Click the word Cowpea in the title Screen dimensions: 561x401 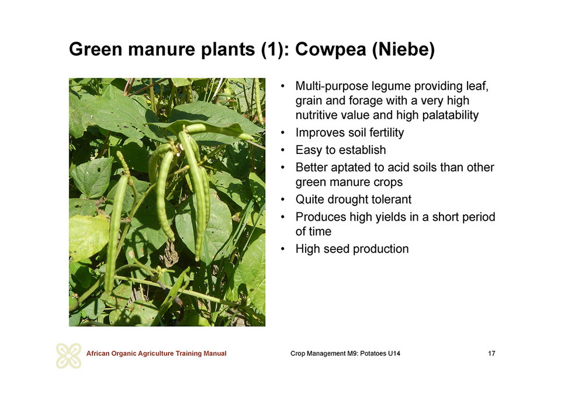click(331, 49)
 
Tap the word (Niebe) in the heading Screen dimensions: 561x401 click(403, 49)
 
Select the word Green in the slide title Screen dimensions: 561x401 click(95, 49)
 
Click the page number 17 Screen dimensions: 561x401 click(491, 354)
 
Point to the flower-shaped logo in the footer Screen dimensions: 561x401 click(68, 355)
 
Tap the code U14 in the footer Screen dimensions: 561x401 click(394, 354)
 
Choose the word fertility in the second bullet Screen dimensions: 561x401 click(386, 132)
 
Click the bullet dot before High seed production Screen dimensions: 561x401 click(283, 249)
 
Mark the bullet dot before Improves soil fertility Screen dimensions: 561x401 click(283, 132)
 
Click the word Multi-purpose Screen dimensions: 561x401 click(332, 87)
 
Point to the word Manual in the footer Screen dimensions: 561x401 click(214, 354)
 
